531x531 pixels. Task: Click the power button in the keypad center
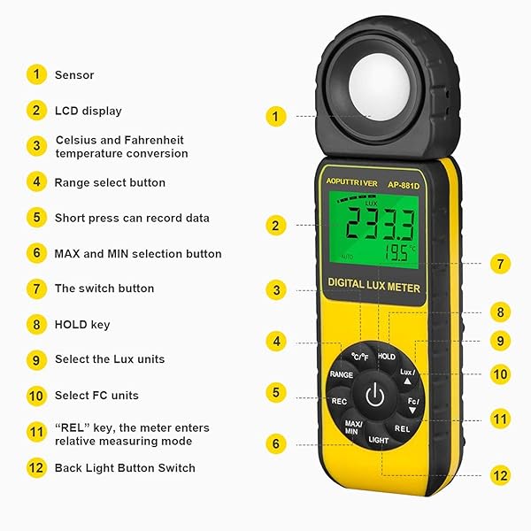pyautogui.click(x=374, y=396)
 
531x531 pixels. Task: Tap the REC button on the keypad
pyautogui.click(x=339, y=401)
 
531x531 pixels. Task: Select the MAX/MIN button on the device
pyautogui.click(x=352, y=427)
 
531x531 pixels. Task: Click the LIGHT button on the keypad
pyautogui.click(x=379, y=439)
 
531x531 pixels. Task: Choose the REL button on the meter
pyautogui.click(x=403, y=427)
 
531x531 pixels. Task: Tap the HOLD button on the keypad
pyautogui.click(x=387, y=356)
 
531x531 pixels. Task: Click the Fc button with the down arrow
pyautogui.click(x=412, y=404)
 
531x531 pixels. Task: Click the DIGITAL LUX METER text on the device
pyautogui.click(x=375, y=288)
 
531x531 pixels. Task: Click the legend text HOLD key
pyautogui.click(x=82, y=325)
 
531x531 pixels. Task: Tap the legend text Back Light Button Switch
pyautogui.click(x=125, y=467)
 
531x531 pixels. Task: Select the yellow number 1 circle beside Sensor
pyautogui.click(x=36, y=75)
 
